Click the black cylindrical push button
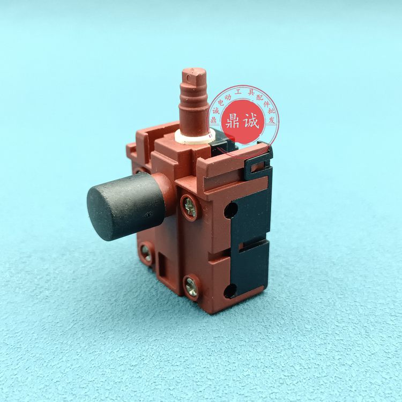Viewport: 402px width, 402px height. coord(125,206)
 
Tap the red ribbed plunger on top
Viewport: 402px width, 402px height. coord(193,101)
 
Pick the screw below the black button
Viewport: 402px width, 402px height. coord(146,252)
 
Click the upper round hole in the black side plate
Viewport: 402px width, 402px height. coord(230,209)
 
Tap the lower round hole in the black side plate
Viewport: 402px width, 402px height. coord(230,291)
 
